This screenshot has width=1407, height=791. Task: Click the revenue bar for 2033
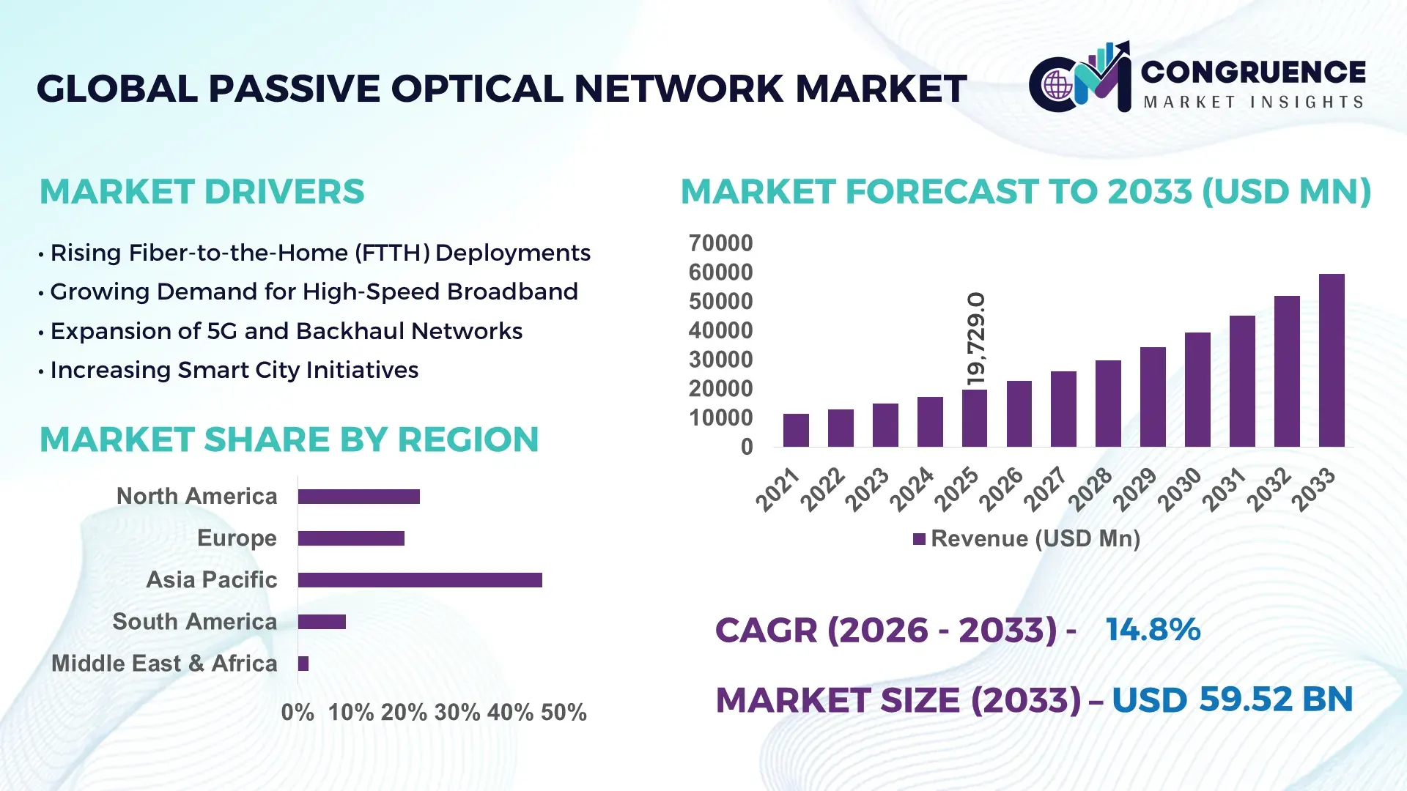pyautogui.click(x=1331, y=360)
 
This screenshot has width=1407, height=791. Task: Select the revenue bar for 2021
pyautogui.click(x=796, y=431)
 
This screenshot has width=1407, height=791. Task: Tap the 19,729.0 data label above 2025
pyautogui.click(x=976, y=340)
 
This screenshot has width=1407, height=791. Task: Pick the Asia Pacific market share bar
pyautogui.click(x=420, y=580)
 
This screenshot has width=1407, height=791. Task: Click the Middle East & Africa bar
pyautogui.click(x=303, y=664)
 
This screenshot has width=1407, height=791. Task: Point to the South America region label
pyautogui.click(x=195, y=622)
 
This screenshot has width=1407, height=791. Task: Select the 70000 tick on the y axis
pyautogui.click(x=720, y=243)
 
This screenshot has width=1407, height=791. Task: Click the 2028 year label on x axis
pyautogui.click(x=1090, y=489)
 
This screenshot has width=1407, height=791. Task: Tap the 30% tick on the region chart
pyautogui.click(x=457, y=713)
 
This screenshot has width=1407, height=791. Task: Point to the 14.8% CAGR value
pyautogui.click(x=1153, y=630)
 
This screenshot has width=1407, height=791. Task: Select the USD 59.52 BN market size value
pyautogui.click(x=1232, y=699)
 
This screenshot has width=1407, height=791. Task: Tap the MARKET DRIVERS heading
pyautogui.click(x=202, y=192)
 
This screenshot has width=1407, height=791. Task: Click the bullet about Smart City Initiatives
pyautogui.click(x=234, y=371)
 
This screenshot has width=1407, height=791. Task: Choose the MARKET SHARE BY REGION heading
pyautogui.click(x=289, y=439)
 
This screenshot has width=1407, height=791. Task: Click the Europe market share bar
pyautogui.click(x=351, y=538)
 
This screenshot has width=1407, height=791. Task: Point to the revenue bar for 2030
pyautogui.click(x=1197, y=390)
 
